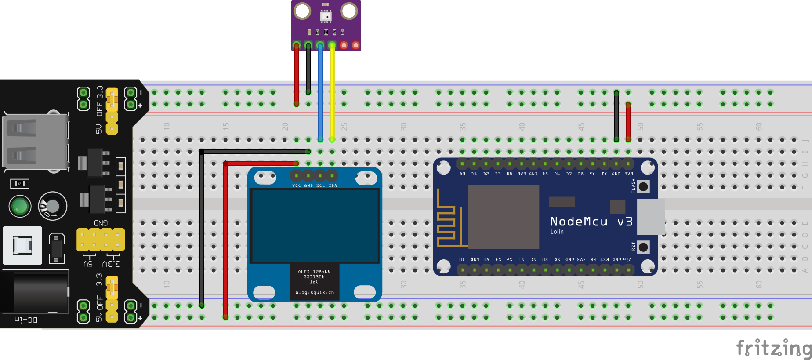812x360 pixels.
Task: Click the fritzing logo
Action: (773, 348)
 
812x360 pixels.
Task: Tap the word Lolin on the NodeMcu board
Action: (557, 232)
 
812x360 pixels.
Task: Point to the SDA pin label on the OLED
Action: (333, 185)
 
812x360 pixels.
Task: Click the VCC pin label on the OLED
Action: (297, 185)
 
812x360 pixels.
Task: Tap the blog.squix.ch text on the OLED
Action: (315, 292)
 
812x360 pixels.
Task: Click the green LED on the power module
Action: (20, 206)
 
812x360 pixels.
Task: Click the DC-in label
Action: (26, 320)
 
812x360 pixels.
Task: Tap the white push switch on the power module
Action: (22, 245)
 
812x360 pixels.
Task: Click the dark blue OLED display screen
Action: (314, 226)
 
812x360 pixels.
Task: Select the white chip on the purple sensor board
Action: (326, 15)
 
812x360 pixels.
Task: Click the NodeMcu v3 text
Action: (591, 222)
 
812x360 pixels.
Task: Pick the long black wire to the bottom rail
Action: (202, 229)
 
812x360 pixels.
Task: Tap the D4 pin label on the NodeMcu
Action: (509, 174)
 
